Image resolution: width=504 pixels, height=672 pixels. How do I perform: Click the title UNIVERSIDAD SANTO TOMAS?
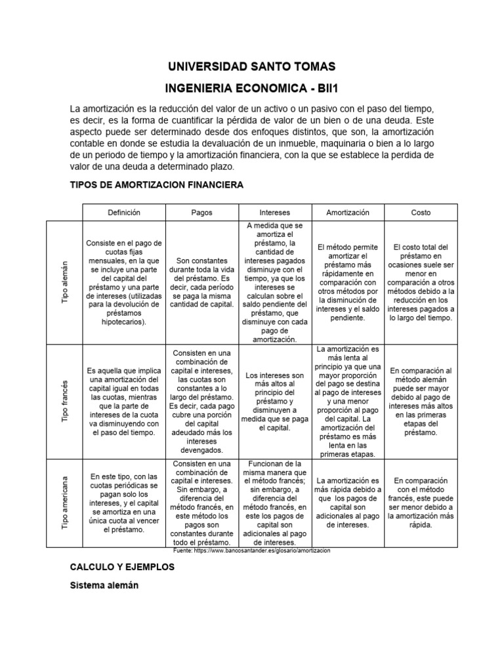[x=252, y=66]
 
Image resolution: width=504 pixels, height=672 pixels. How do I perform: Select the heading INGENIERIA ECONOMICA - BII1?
[x=252, y=88]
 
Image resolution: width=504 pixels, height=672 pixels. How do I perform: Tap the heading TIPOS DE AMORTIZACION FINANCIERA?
[x=156, y=185]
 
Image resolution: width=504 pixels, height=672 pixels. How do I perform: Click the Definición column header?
[x=124, y=213]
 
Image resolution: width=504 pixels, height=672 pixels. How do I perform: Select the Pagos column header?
[x=201, y=213]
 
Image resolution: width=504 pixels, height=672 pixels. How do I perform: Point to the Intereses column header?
[x=275, y=213]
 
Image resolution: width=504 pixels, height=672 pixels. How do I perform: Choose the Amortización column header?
[x=348, y=213]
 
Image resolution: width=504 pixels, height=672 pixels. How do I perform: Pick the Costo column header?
[x=421, y=213]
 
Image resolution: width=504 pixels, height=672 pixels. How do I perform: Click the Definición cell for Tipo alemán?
[x=124, y=283]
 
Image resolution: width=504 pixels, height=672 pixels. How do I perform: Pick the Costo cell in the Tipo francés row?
[x=421, y=401]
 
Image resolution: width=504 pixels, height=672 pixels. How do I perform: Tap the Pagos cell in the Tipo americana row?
[x=201, y=503]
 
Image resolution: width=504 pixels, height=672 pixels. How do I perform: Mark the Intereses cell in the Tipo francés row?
[x=275, y=401]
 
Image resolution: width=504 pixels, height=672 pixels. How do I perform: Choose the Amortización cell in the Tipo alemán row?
[x=348, y=283]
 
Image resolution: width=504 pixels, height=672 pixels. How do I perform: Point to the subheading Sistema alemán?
[x=104, y=586]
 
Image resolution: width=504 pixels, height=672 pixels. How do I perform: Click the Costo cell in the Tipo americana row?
[x=421, y=503]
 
